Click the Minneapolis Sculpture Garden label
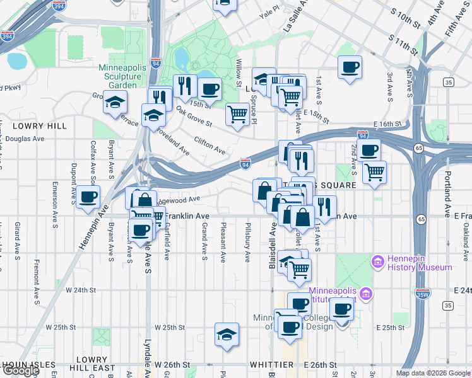click(126, 76)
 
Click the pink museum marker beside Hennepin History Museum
click(378, 261)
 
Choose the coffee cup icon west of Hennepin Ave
click(89, 197)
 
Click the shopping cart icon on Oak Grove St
click(238, 115)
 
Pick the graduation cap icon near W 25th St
click(227, 334)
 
